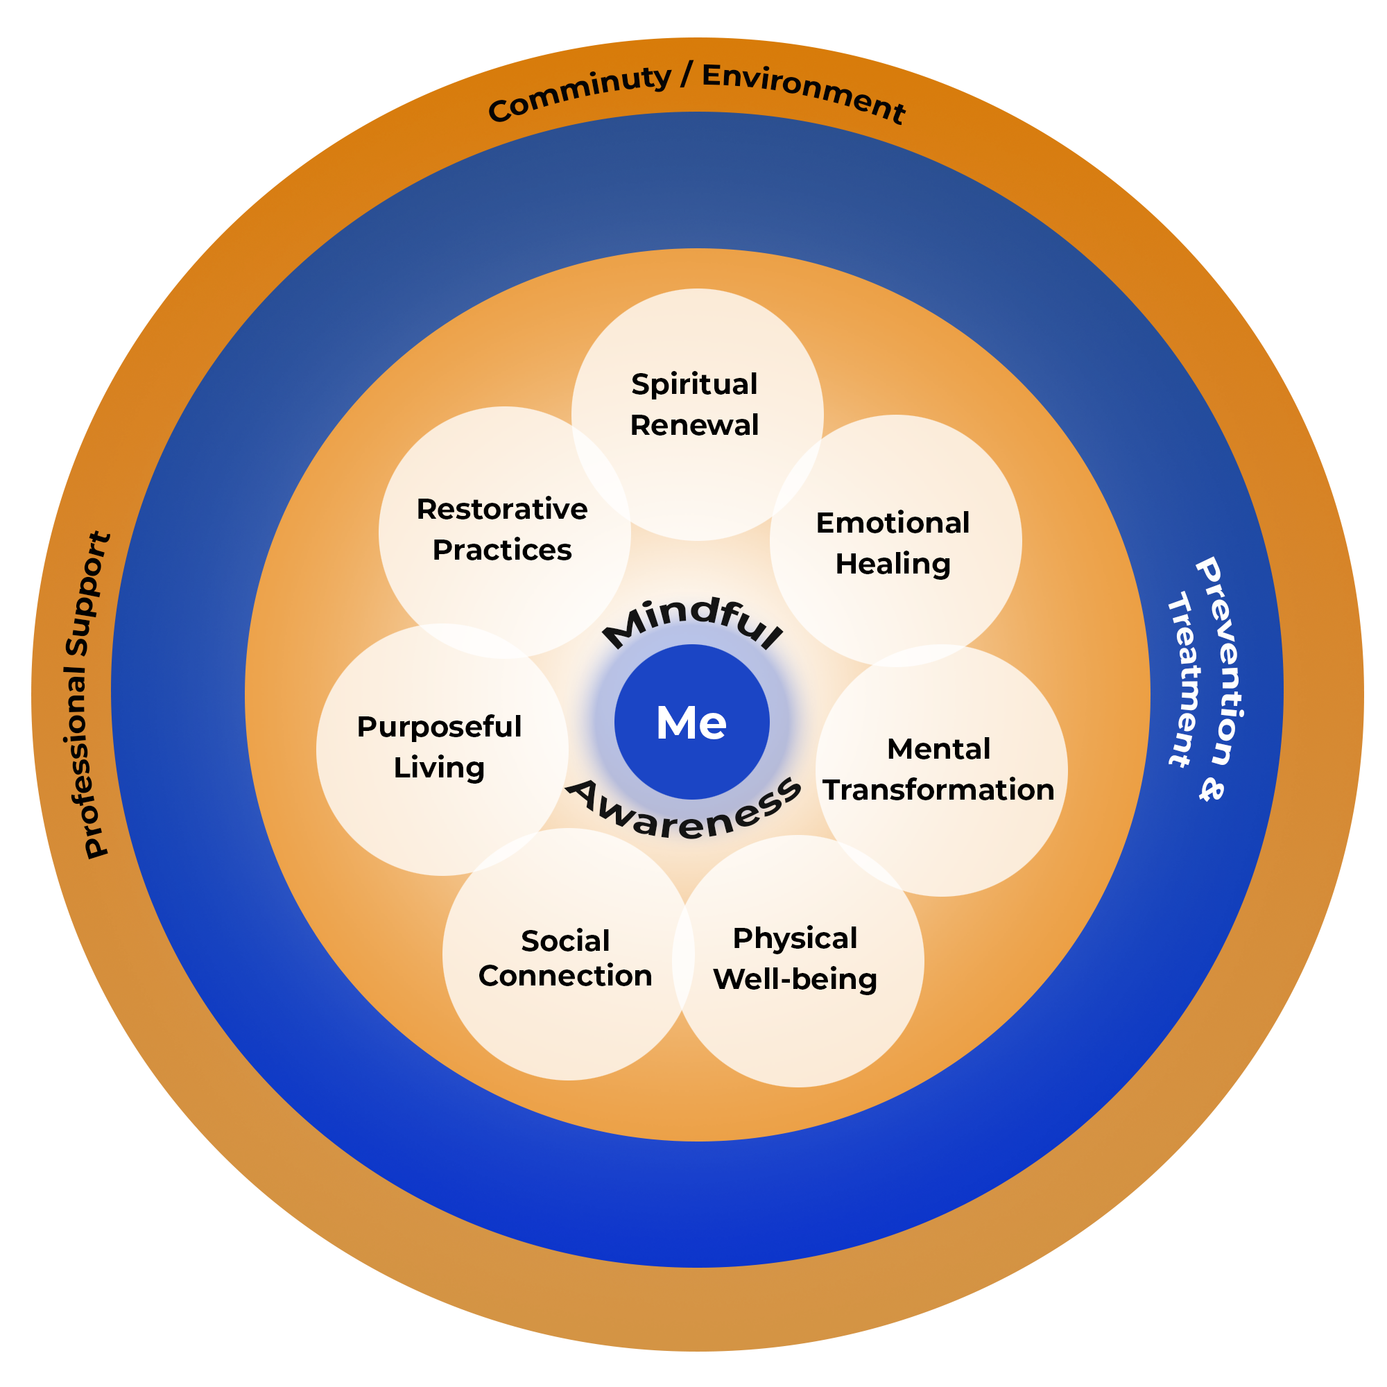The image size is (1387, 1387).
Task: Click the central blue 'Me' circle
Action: tap(692, 721)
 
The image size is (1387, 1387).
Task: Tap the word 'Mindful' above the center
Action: tap(692, 621)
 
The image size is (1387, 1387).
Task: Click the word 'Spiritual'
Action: tap(694, 385)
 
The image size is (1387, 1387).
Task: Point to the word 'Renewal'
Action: tap(694, 425)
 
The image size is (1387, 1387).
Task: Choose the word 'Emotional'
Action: tap(893, 523)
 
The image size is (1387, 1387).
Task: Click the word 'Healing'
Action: tap(893, 565)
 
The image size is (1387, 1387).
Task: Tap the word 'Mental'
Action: tap(938, 749)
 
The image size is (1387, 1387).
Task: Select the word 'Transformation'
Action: tap(938, 790)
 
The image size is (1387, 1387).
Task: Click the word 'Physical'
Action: tap(795, 938)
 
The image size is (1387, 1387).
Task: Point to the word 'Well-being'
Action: tap(795, 979)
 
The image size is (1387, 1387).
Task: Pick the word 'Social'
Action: tap(565, 940)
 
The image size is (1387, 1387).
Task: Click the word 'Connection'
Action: tap(565, 976)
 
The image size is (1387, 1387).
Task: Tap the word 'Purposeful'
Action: tap(439, 727)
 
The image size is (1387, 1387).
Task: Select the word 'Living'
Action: tap(439, 768)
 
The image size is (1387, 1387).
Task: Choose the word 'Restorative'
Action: tap(502, 509)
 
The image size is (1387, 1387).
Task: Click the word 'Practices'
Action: tap(502, 550)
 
